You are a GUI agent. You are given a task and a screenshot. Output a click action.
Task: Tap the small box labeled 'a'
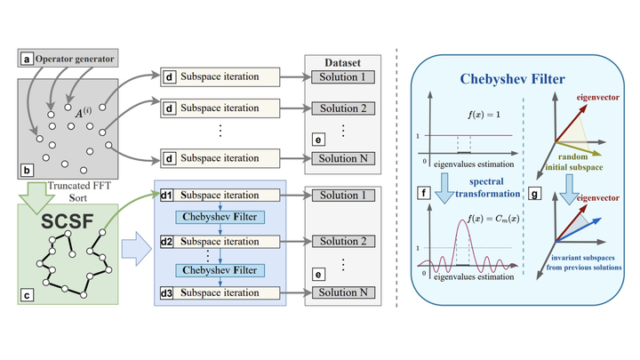(28, 60)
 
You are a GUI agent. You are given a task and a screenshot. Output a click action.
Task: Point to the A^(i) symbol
(83, 112)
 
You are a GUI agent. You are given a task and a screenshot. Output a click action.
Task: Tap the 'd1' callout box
(166, 195)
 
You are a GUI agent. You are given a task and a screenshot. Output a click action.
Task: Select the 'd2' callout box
(166, 242)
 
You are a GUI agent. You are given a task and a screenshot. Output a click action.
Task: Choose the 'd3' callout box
(166, 291)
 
